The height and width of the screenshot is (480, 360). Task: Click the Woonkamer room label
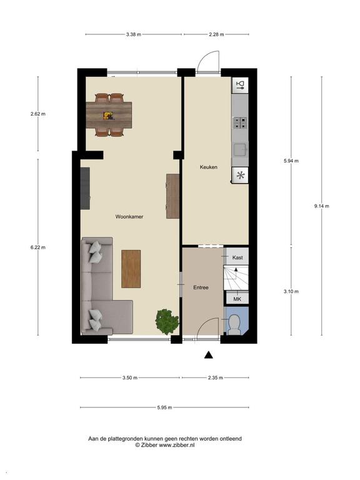tap(129, 217)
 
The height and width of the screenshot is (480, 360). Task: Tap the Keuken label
tap(209, 167)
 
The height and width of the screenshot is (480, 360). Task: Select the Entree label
tap(201, 287)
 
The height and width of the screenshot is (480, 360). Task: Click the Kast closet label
tap(237, 257)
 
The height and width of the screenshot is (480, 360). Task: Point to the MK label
tap(237, 299)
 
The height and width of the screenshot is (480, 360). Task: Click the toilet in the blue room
tap(234, 324)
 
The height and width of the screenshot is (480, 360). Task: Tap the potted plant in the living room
tap(167, 322)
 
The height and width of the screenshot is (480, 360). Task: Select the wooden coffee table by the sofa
tap(131, 269)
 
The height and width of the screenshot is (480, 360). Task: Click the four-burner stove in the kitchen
tap(240, 122)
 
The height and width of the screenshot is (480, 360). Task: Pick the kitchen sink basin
tap(240, 150)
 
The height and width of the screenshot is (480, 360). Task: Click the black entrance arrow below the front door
tap(209, 354)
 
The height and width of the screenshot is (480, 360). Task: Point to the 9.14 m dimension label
tap(322, 206)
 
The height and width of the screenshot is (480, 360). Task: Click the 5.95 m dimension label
tap(165, 407)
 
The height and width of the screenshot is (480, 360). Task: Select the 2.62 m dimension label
tap(38, 114)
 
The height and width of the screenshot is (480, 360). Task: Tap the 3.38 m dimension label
tap(134, 34)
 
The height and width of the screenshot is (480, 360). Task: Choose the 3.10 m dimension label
tap(291, 291)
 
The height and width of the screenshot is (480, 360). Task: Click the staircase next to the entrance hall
tap(236, 278)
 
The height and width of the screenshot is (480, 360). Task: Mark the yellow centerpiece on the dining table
tap(108, 116)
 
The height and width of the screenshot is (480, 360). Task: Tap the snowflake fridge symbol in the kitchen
tap(240, 176)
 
